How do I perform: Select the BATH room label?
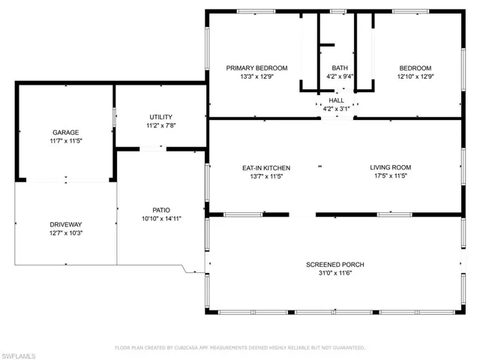pos(340,67)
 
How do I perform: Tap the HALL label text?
pos(337,100)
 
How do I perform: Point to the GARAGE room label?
pos(65,133)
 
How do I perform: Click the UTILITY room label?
pos(160,117)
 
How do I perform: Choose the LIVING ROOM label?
pos(390,167)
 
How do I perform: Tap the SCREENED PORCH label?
pos(334,265)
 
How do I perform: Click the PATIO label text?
pos(162,209)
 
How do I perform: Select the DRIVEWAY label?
pos(65,224)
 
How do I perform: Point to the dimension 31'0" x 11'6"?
pos(334,274)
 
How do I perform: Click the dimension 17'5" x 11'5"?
pos(390,177)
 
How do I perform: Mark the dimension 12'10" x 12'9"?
pos(415,76)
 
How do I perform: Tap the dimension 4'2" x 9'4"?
pos(340,76)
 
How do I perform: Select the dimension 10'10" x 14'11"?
pos(162,218)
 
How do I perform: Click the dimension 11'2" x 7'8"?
pos(160,126)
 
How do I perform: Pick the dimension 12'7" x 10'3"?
pos(65,233)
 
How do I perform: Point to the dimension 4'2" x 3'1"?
pos(337,109)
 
